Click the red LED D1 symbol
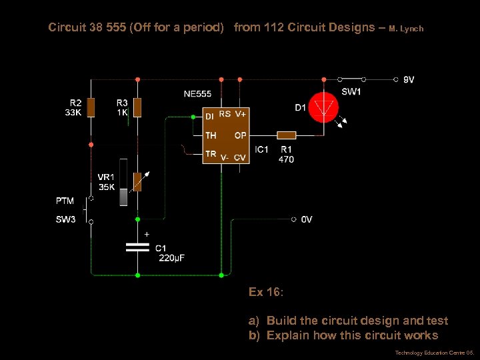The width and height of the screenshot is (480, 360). (323, 107)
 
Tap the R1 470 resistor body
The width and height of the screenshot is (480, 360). (286, 135)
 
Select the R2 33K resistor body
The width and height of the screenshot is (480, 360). (91, 106)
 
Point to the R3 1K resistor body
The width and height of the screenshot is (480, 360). (137, 106)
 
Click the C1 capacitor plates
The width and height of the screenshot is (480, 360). (137, 247)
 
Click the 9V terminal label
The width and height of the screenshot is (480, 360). (409, 79)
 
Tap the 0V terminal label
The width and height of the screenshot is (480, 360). (306, 219)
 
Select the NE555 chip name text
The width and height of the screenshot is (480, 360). (197, 94)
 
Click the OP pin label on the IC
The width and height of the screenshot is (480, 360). (240, 135)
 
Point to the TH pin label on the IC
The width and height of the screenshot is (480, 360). (211, 135)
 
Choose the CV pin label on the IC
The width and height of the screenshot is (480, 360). (240, 157)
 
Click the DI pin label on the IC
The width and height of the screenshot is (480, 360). (209, 116)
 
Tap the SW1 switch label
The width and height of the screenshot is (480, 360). (351, 92)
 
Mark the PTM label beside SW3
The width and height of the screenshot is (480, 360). (65, 201)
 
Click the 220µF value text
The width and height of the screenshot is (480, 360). (172, 258)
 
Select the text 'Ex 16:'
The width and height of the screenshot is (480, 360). (266, 292)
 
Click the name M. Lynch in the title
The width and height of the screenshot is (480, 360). (406, 29)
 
